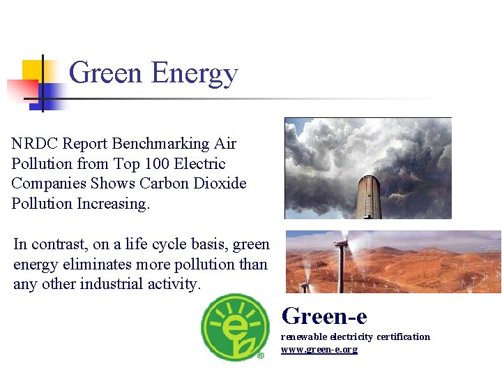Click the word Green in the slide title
click(x=105, y=73)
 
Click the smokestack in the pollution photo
click(x=368, y=195)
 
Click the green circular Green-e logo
click(x=234, y=327)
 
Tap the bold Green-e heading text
click(x=324, y=316)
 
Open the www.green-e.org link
click(x=319, y=349)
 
